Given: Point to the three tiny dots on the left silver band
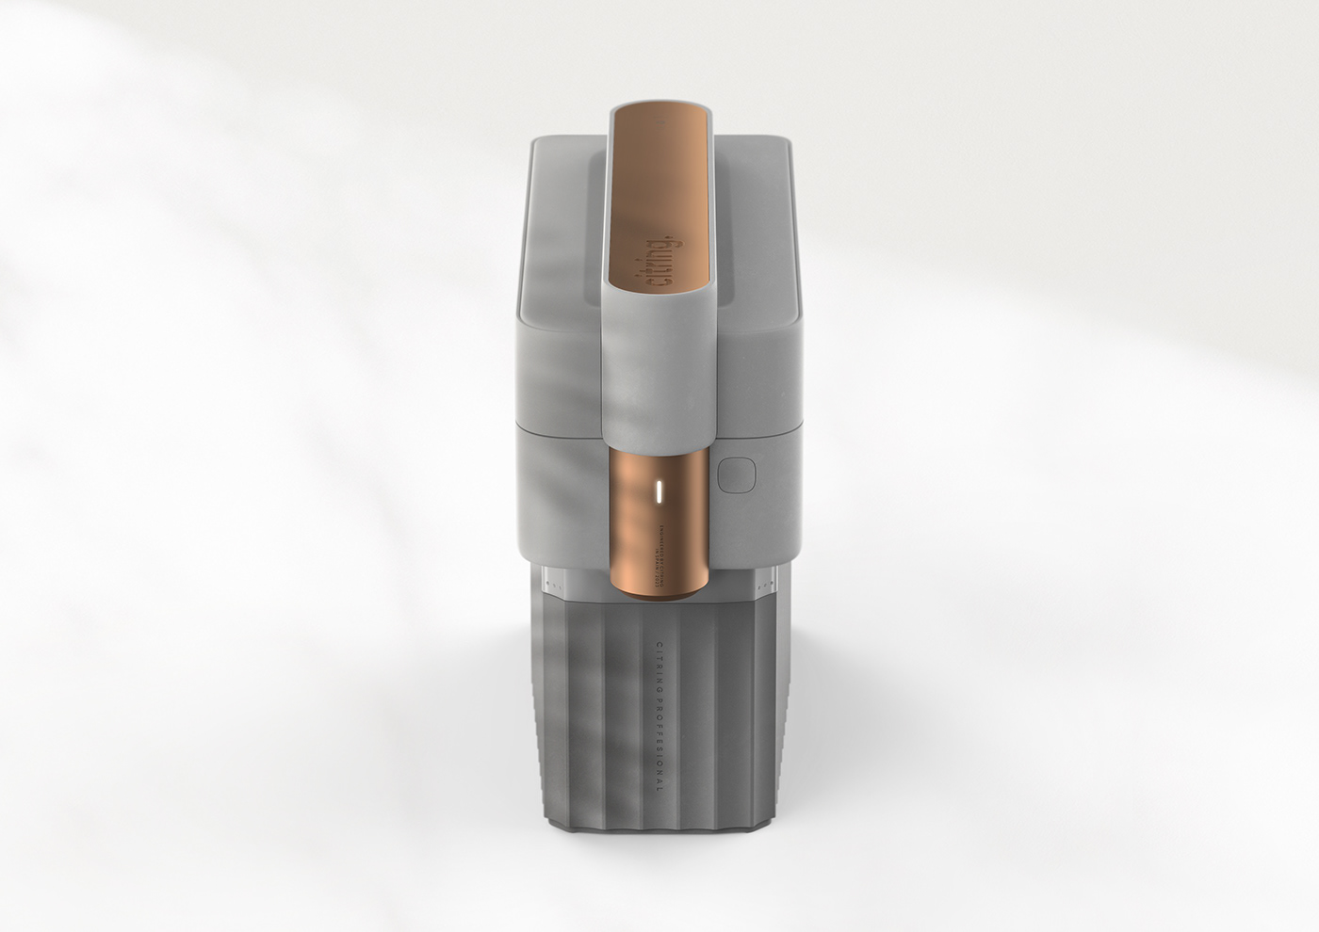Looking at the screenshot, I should [x=546, y=585].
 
